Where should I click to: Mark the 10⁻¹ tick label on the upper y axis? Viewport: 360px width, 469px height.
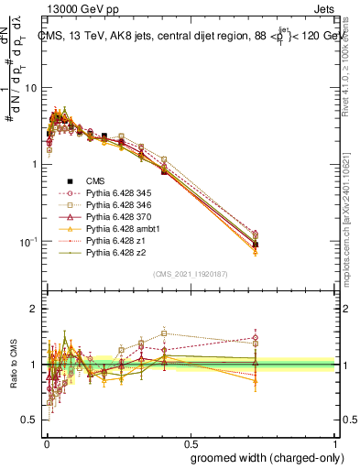[x=29, y=241]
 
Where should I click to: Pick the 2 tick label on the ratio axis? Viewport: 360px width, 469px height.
[x=36, y=309]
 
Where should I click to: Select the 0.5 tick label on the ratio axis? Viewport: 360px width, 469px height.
[x=32, y=420]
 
